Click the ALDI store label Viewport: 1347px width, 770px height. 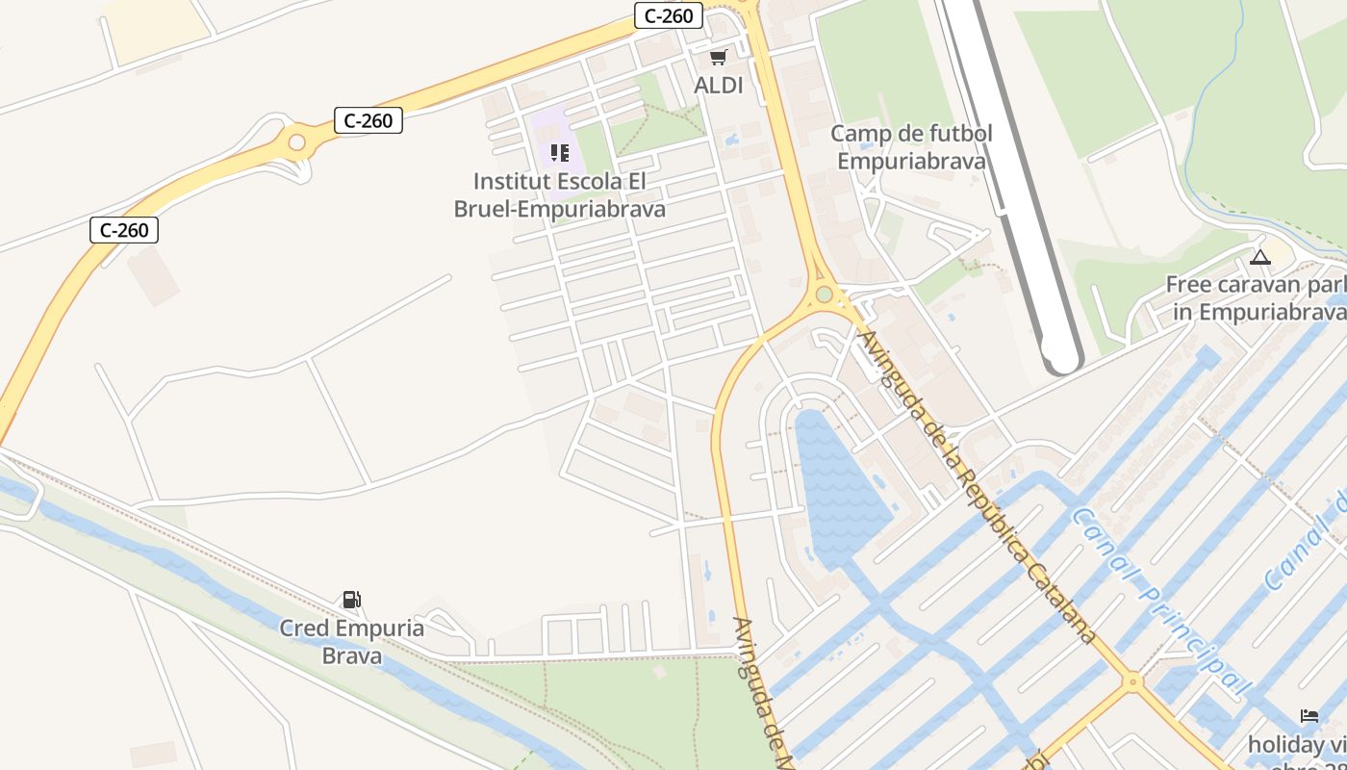tap(719, 85)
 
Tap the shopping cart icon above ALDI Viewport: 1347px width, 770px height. tap(719, 58)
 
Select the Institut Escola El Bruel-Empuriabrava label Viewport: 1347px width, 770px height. tap(560, 194)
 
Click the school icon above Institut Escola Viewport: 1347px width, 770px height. tap(560, 153)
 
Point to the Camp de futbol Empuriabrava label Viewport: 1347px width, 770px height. tap(911, 146)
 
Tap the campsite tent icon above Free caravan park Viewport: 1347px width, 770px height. tap(1260, 257)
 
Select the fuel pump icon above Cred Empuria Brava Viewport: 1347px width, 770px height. tap(352, 600)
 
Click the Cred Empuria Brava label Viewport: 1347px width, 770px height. tap(352, 642)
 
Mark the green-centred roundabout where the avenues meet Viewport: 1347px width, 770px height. tap(825, 294)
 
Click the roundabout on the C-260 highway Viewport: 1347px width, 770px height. tap(297, 143)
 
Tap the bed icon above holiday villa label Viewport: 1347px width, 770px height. tap(1309, 716)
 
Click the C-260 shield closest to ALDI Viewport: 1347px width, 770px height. tap(669, 15)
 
